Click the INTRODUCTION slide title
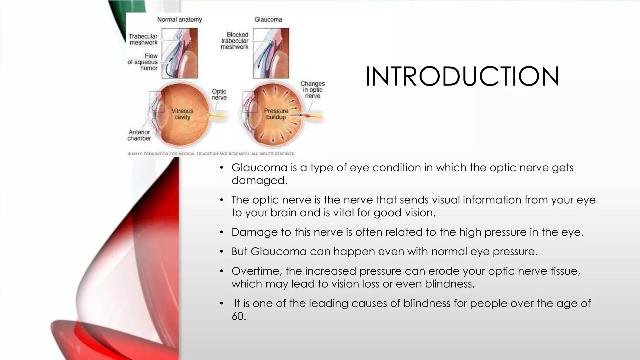coord(462,77)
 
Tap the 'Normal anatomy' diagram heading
coord(179,20)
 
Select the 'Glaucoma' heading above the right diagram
coord(268,20)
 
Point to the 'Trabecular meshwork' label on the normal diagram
coord(143,39)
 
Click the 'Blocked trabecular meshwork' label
coord(235,41)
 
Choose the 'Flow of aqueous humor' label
coord(143,62)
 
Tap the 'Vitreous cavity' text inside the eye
coord(182,114)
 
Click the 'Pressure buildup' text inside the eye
coord(276,114)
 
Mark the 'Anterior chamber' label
coord(139,135)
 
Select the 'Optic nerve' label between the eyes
coord(219,94)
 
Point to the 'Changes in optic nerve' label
coord(312,90)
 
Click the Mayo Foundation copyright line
coord(211,154)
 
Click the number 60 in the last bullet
coord(239,316)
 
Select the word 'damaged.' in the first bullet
coord(259,181)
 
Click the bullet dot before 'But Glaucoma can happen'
coord(222,252)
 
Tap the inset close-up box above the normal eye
coord(179,53)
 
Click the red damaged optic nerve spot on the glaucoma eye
coord(307,116)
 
